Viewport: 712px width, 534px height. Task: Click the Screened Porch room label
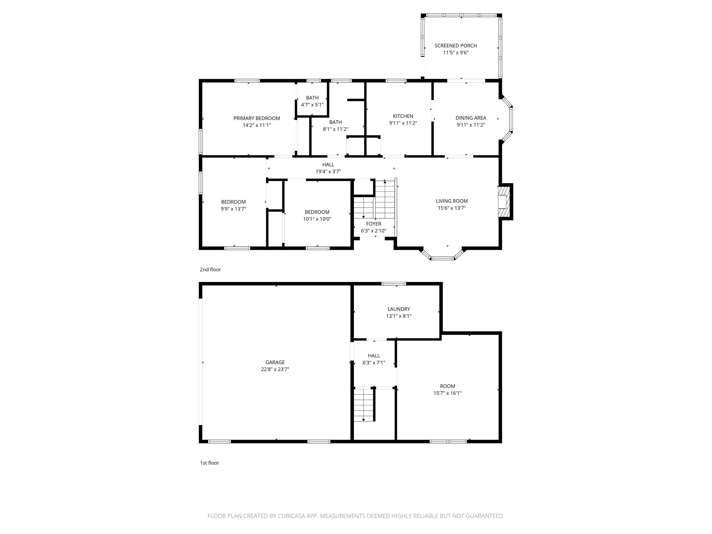tap(455, 46)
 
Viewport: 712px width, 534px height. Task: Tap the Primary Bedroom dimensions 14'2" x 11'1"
tap(257, 125)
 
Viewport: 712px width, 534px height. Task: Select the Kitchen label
tap(403, 116)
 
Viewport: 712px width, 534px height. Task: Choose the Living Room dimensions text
tap(451, 208)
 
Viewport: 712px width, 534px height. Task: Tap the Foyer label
tap(373, 224)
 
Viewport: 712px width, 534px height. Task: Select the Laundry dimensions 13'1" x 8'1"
tap(398, 316)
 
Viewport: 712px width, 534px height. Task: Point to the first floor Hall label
tap(374, 356)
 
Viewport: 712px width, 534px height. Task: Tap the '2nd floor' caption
tap(210, 269)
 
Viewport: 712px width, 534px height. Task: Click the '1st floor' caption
tap(209, 463)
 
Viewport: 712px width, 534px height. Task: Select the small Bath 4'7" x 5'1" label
tap(312, 98)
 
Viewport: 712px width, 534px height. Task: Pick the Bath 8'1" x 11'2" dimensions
tap(335, 129)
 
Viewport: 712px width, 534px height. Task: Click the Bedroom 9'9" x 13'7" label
tap(233, 202)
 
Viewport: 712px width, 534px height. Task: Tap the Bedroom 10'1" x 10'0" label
tap(317, 212)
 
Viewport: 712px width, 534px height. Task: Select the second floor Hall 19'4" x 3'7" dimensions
tap(328, 172)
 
